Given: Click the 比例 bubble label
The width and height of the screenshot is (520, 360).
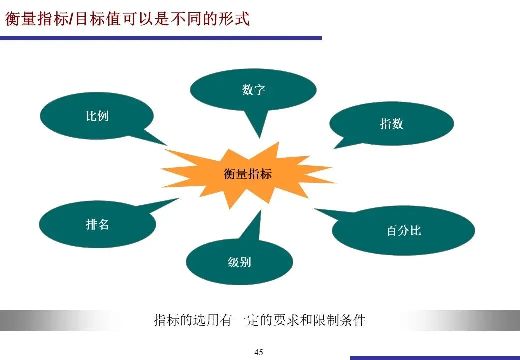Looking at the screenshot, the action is click(x=97, y=116).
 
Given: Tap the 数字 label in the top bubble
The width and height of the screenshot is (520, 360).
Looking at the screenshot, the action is click(x=253, y=90).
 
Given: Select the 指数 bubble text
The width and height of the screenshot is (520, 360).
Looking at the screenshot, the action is click(x=391, y=124).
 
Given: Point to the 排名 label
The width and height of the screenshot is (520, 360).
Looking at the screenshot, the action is click(x=97, y=224).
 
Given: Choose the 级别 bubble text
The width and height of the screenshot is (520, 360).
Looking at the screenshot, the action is click(x=239, y=262).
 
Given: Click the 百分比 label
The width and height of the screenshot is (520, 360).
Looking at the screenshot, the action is click(x=403, y=231).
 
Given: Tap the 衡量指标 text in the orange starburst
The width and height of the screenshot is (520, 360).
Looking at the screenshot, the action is click(x=248, y=174).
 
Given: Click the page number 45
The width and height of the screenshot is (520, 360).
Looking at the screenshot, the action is click(x=259, y=352).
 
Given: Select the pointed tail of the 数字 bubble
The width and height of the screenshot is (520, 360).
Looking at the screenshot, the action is click(x=259, y=136).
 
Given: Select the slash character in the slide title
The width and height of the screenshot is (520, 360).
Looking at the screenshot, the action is click(x=70, y=19).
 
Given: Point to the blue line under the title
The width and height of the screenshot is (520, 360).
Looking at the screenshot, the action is click(x=160, y=38).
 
